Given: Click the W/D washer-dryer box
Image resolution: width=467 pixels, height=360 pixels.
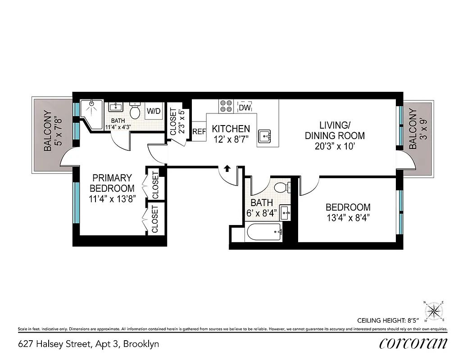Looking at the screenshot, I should (x=154, y=111).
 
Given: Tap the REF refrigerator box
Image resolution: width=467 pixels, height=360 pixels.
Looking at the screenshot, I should (x=199, y=131).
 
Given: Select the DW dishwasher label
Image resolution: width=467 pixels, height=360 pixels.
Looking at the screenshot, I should (x=244, y=108).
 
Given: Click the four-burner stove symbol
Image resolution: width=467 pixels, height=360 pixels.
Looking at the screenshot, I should (x=226, y=106).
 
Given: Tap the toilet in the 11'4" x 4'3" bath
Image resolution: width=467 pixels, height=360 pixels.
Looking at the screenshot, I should (x=135, y=110).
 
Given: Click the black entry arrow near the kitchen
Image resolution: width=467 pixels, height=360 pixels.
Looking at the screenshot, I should (x=227, y=168).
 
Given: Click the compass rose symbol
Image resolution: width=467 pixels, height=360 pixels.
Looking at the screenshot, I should (x=434, y=310).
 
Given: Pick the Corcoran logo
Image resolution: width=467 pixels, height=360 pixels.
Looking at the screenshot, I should (x=413, y=343).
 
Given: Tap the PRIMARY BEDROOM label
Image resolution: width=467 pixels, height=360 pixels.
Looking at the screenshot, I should (x=112, y=183).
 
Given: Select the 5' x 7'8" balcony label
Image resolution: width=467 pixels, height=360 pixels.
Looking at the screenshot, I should (x=50, y=130).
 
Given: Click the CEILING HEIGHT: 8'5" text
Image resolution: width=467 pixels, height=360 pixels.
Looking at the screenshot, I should (x=388, y=320).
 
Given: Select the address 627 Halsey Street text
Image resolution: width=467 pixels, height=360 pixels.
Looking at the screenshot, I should (x=88, y=344).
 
